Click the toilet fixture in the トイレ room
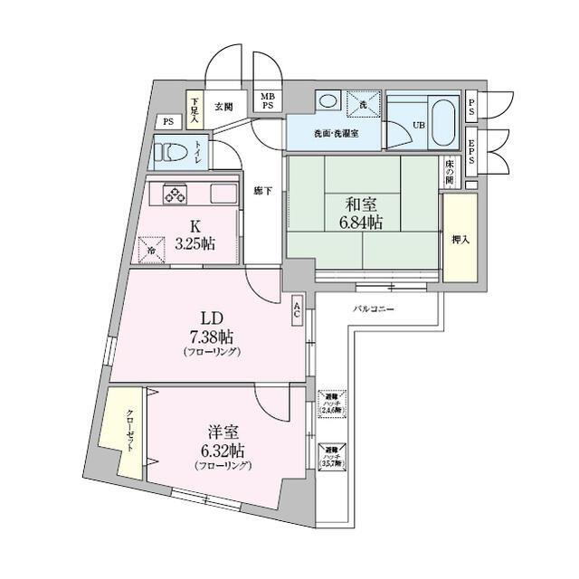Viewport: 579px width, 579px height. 170,152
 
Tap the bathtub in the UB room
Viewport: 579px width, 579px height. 440,125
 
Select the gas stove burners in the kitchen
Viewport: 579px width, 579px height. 174,193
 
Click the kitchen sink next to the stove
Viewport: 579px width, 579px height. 223,194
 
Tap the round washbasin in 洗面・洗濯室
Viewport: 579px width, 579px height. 327,100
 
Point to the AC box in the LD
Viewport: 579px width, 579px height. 298,310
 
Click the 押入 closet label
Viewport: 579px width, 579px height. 460,240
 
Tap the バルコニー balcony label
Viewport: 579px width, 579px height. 373,309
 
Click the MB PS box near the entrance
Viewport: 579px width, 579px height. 268,100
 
